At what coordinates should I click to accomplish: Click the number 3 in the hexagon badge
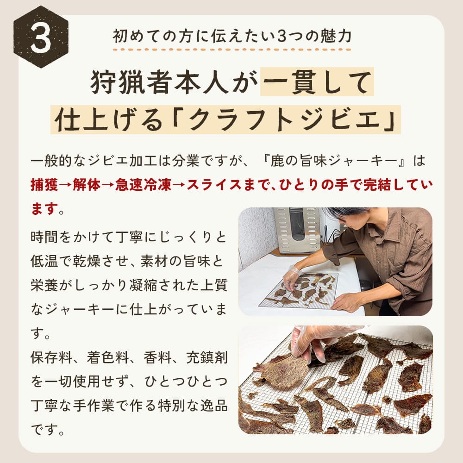pyautogui.click(x=41, y=38)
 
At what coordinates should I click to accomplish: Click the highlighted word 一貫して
pyautogui.click(x=317, y=82)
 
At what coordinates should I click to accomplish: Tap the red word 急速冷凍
pyautogui.click(x=143, y=185)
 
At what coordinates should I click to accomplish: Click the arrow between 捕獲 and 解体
pyautogui.click(x=65, y=186)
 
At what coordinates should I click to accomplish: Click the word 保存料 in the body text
pyautogui.click(x=51, y=357)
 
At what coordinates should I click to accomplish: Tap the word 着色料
pyautogui.click(x=108, y=357)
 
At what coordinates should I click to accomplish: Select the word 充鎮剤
pyautogui.click(x=207, y=357)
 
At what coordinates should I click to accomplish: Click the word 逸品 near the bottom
pyautogui.click(x=214, y=406)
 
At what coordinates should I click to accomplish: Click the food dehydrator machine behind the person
pyautogui.click(x=296, y=231)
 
